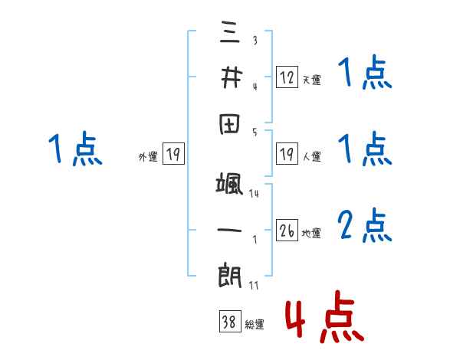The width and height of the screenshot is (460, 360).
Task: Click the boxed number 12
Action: point(287,77)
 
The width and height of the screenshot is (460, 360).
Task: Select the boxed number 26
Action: point(287,231)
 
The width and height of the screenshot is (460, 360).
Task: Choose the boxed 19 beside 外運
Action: point(172,155)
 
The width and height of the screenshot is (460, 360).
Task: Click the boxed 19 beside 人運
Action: point(287,154)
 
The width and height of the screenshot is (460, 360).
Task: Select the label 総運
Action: point(255,325)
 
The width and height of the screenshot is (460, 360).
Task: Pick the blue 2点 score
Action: point(365,226)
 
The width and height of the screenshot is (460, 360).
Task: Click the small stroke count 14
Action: point(254,194)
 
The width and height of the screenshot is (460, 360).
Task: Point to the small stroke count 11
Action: point(252,286)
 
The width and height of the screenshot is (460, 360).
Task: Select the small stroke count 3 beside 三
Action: point(255,41)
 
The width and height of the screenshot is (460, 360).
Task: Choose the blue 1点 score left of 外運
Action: point(75,149)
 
